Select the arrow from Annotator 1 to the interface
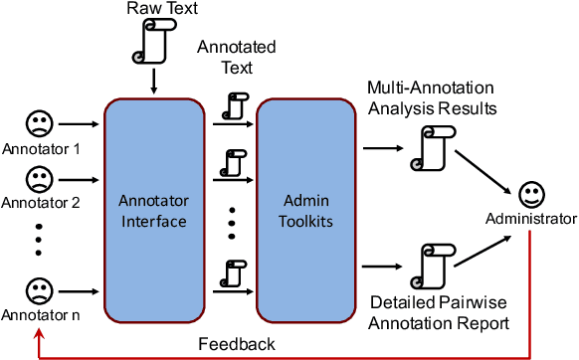click(79, 125)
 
